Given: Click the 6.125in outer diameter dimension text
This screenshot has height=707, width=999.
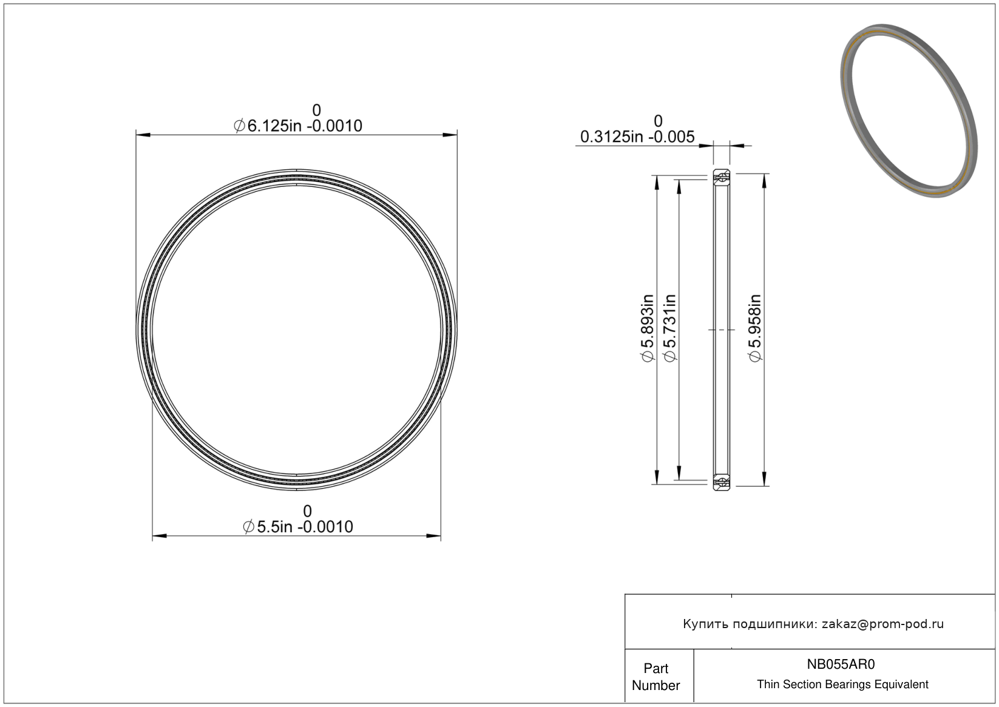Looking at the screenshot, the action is (298, 126).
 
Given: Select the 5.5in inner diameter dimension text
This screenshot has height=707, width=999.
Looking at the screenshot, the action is (298, 527).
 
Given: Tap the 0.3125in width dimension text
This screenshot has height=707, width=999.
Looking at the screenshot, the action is (637, 137).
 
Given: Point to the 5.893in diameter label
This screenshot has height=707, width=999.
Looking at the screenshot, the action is (647, 328).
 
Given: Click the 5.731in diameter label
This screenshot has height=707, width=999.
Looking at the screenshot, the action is (670, 328).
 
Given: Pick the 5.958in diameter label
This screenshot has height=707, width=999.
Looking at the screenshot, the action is (754, 328).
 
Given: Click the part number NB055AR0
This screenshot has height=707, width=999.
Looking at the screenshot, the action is (841, 664).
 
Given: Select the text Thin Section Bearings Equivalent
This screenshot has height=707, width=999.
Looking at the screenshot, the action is (842, 685).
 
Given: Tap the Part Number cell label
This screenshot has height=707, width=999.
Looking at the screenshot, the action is (656, 677).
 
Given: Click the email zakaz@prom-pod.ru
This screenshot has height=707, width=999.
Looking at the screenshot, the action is (882, 624).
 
